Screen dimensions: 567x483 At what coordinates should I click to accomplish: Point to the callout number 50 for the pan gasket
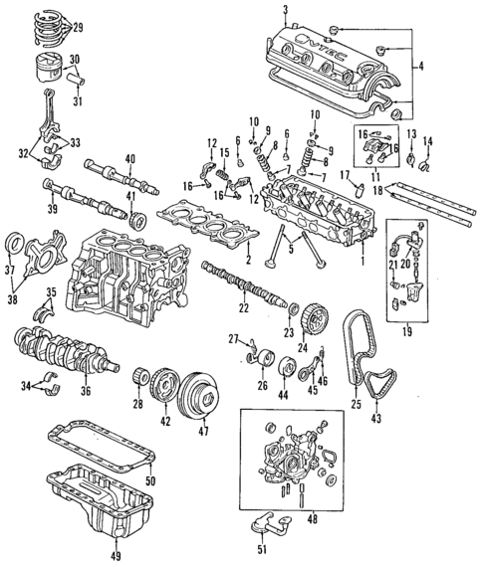tap(150, 482)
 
